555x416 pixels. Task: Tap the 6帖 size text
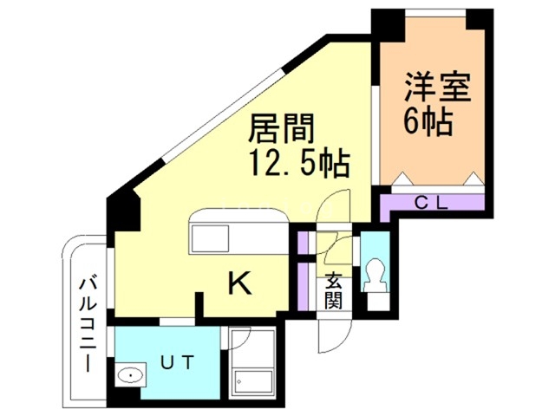427,122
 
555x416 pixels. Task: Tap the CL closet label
430,205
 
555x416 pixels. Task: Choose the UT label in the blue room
177,361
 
